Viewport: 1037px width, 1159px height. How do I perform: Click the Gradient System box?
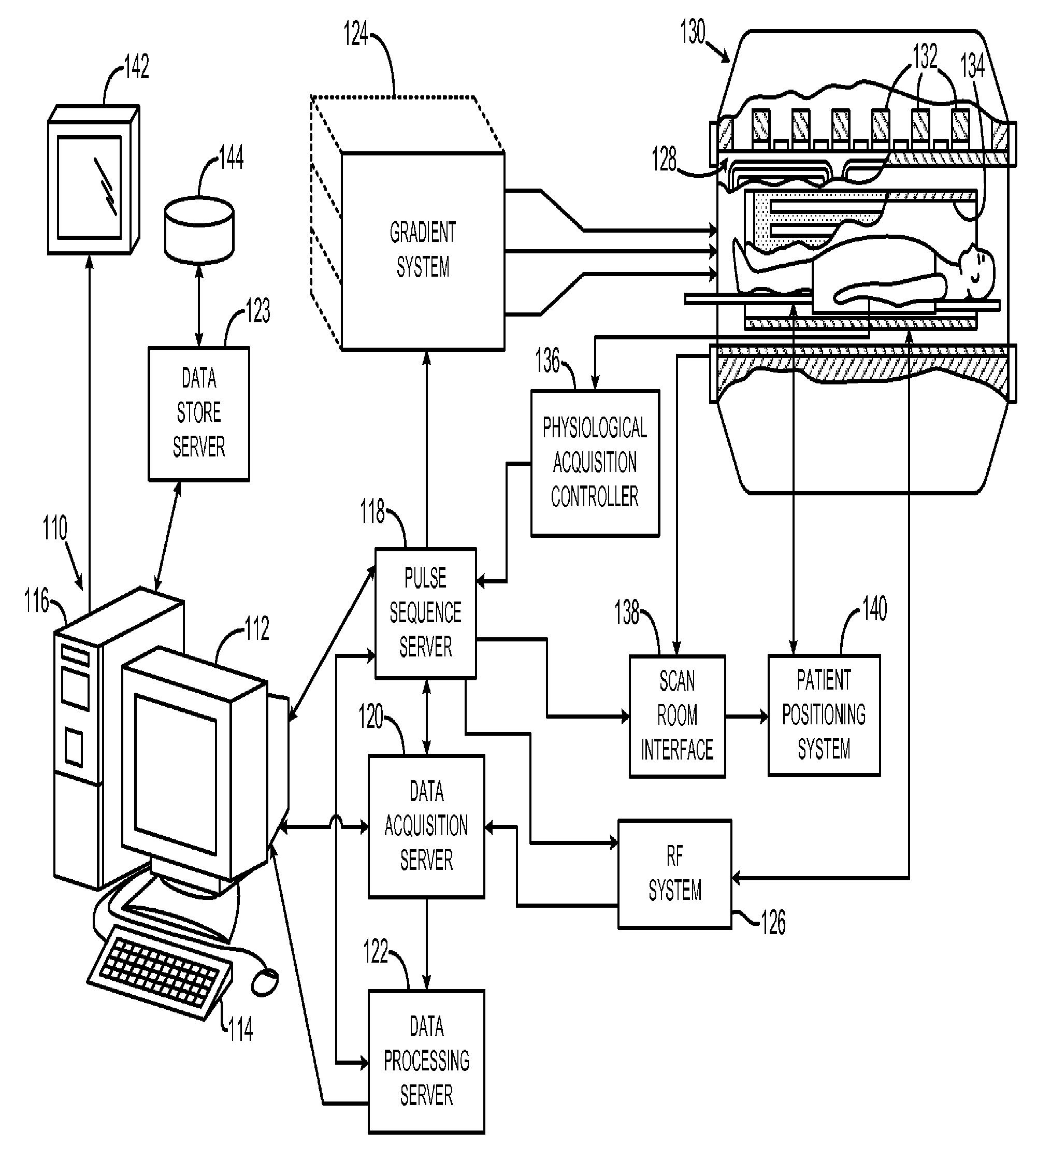tap(422, 251)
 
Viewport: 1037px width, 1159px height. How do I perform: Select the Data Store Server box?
tap(199, 414)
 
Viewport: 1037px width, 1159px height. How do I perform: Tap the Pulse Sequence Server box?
tap(425, 613)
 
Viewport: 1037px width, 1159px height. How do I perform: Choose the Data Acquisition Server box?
tap(426, 826)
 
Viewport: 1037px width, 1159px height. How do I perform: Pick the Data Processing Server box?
tap(426, 1062)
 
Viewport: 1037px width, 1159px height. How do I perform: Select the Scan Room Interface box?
tap(677, 716)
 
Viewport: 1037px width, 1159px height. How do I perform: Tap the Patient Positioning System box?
tap(824, 715)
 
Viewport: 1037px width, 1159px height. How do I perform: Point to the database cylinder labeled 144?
tap(199, 230)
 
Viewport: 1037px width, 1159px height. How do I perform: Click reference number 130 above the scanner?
tap(693, 32)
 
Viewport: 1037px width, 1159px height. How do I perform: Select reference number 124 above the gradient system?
tap(356, 34)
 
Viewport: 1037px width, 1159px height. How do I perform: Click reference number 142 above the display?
tap(136, 67)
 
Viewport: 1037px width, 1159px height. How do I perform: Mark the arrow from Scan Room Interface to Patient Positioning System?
tap(747, 716)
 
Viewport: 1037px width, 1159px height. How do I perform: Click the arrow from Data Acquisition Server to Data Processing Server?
tap(427, 944)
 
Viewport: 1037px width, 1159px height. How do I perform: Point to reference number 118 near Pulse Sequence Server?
tap(372, 512)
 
